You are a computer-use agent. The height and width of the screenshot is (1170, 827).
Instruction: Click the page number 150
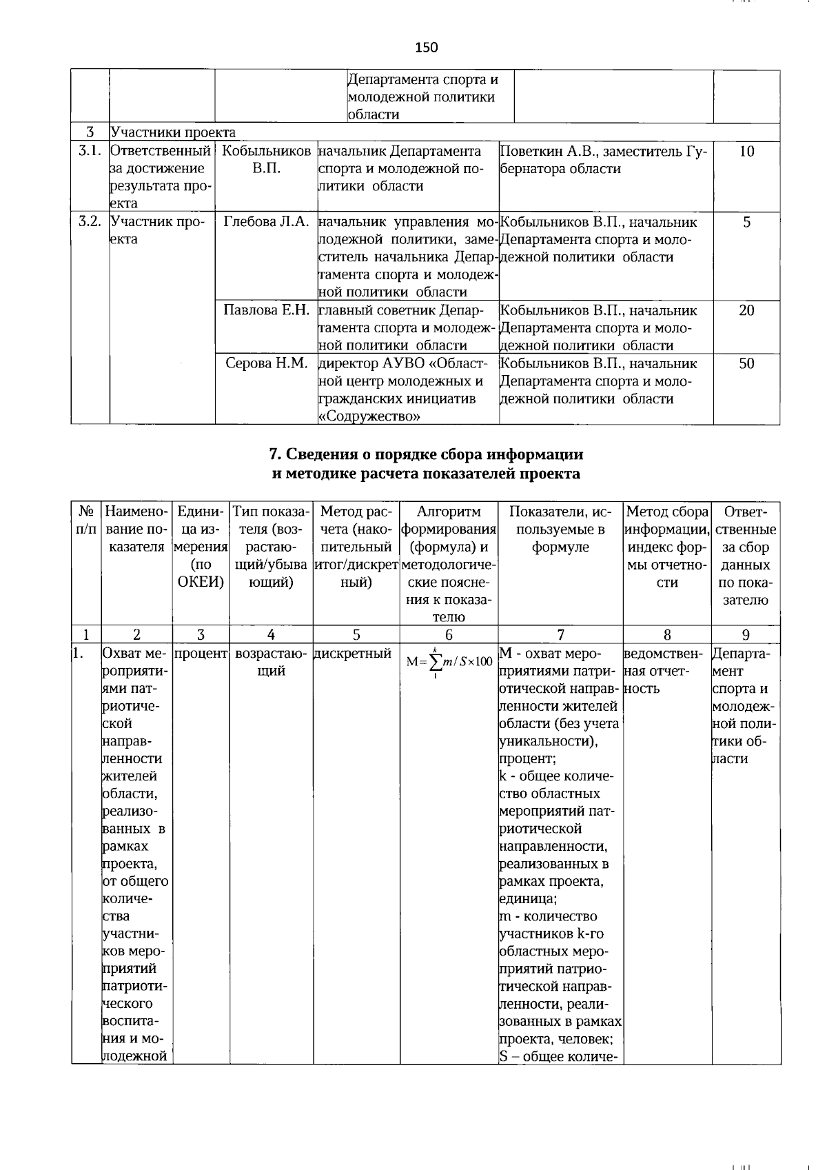[427, 47]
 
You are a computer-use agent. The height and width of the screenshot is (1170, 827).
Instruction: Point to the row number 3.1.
[90, 151]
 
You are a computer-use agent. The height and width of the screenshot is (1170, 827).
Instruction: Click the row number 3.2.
[90, 222]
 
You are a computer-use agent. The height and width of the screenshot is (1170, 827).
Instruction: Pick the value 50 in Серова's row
[746, 363]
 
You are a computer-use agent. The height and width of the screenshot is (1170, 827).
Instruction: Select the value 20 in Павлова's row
[746, 310]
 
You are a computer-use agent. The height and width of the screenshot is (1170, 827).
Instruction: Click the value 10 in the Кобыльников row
[746, 151]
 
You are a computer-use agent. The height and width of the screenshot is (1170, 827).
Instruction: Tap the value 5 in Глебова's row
[746, 222]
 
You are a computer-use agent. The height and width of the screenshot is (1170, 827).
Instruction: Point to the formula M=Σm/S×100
[449, 662]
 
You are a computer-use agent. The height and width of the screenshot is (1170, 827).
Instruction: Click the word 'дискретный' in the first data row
[352, 653]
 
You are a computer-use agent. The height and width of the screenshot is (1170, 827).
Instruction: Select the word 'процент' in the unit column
[201, 653]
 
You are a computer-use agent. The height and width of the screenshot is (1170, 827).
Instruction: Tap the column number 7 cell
[560, 635]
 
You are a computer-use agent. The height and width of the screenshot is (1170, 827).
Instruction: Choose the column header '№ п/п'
[86, 520]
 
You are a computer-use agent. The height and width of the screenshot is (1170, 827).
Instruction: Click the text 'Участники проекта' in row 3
[173, 132]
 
